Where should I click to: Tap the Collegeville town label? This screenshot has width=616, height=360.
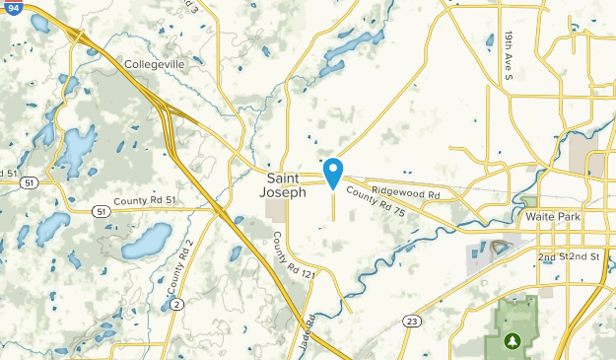[156, 64]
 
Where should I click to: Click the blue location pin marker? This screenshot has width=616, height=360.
[333, 173]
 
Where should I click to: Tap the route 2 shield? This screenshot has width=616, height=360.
[176, 305]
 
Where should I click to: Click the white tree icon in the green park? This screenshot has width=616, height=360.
[512, 341]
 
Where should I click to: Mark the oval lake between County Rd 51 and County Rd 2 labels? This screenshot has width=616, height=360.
[147, 240]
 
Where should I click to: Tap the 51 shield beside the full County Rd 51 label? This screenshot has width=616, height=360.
[102, 210]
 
